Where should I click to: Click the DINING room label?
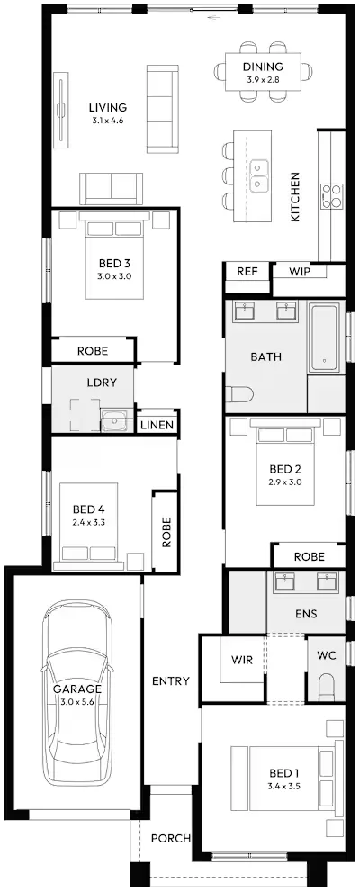[x=263, y=67]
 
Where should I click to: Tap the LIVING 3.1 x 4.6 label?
[x=107, y=113]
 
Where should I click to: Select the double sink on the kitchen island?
[x=259, y=175]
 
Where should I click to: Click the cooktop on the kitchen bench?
[x=331, y=196]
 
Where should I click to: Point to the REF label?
[x=247, y=272]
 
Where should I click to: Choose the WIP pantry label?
[x=299, y=272]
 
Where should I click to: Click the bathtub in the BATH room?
[x=324, y=337]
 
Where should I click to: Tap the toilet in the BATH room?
[x=235, y=394]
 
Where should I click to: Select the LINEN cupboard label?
[x=157, y=425]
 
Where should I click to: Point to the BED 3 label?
[x=114, y=264]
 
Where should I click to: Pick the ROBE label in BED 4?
[x=166, y=532]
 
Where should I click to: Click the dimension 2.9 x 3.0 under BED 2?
[x=285, y=481]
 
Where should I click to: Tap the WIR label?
[x=242, y=661]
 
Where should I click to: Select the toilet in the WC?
[x=326, y=687]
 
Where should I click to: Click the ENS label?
[x=306, y=614]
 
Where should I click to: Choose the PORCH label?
[x=171, y=838]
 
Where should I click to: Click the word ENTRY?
[x=171, y=680]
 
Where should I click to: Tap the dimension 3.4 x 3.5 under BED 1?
[x=284, y=787]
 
